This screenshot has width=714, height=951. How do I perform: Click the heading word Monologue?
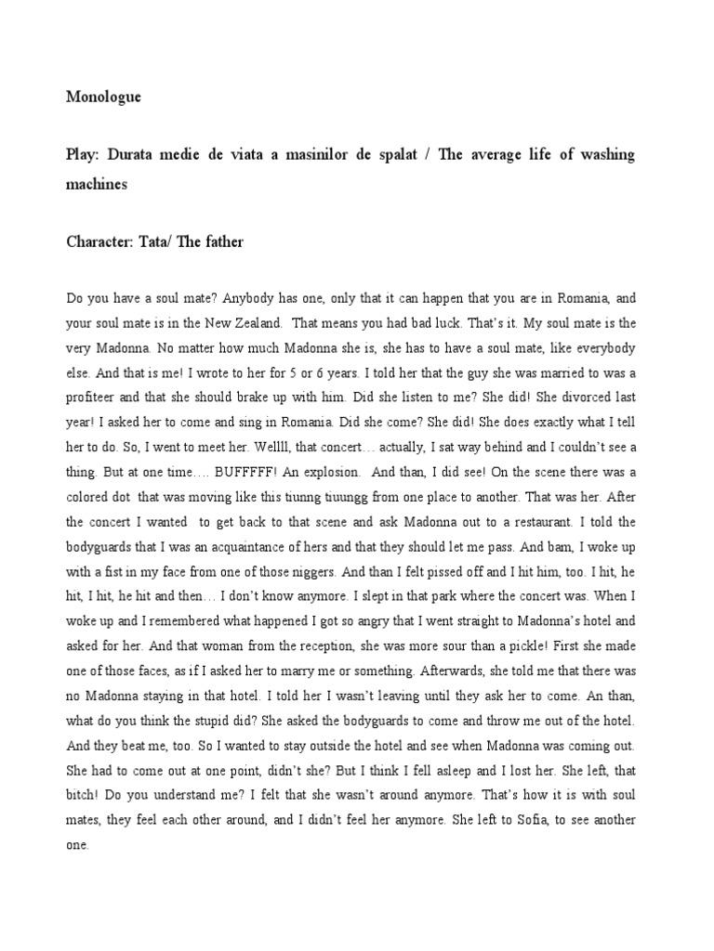104,97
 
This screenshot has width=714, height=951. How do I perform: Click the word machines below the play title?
97,184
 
